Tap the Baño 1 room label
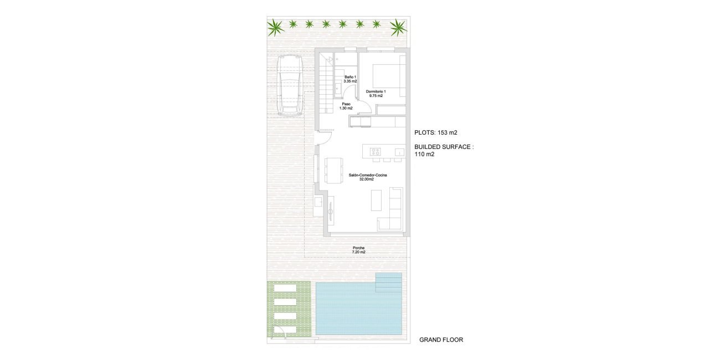tap(350, 79)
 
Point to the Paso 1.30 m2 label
tap(346, 106)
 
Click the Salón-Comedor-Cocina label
tap(368, 177)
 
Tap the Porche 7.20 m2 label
tap(358, 250)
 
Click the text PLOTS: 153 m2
tap(435, 133)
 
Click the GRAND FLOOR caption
tap(441, 340)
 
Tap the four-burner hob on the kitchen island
tap(375, 151)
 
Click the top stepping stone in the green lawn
tap(289, 289)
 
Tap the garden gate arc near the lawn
tap(282, 331)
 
